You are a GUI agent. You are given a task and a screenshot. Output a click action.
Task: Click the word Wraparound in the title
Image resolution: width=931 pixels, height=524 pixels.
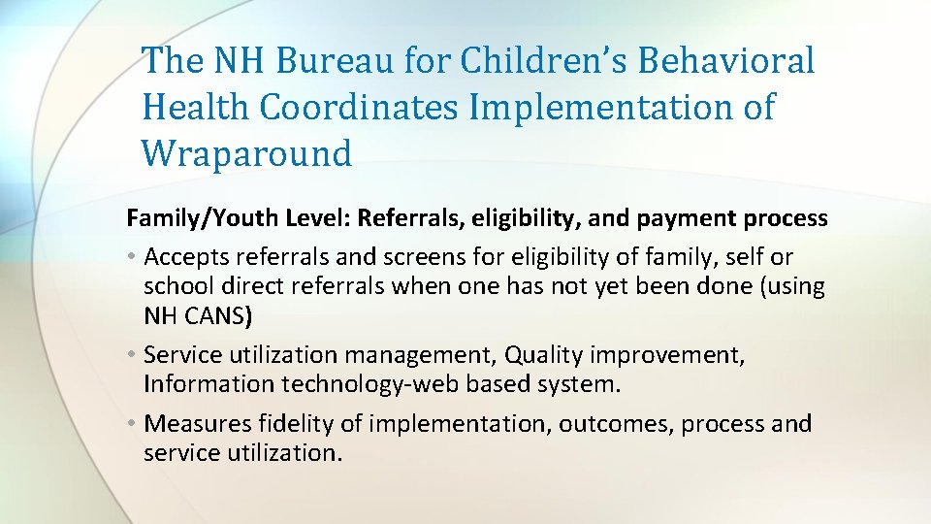246,152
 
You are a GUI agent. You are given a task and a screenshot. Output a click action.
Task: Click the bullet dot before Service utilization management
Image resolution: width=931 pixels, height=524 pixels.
132,356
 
